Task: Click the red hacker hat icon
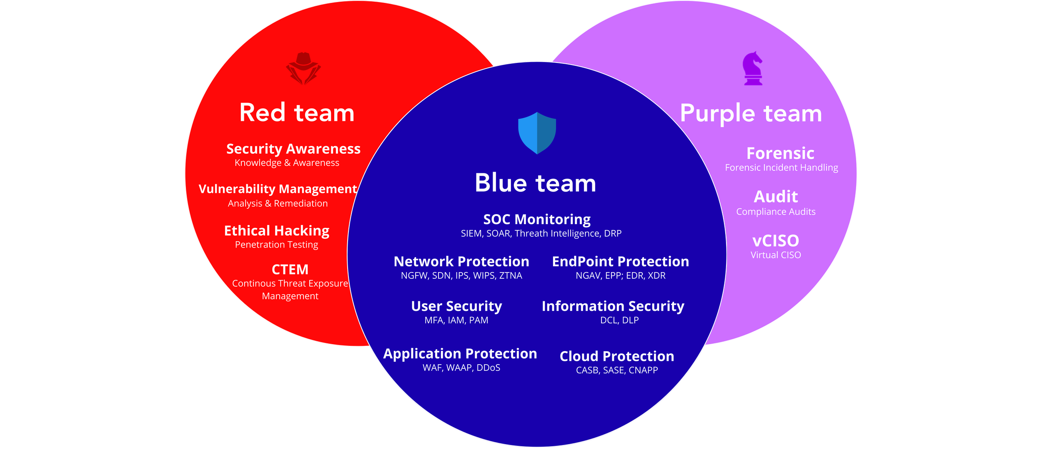[303, 68]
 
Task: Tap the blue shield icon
[537, 132]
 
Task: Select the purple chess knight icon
[753, 69]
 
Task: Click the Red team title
[297, 112]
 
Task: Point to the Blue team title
[535, 183]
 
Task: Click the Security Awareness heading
[293, 149]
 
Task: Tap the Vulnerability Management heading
[278, 189]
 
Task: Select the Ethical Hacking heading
[276, 230]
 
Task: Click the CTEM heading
[290, 270]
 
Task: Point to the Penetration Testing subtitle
[276, 245]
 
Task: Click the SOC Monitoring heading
[537, 219]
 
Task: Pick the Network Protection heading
[461, 261]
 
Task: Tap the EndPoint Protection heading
[620, 261]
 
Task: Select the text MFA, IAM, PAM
[456, 320]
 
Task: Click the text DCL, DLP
[619, 320]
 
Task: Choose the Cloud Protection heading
[617, 356]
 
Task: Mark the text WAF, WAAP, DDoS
[461, 367]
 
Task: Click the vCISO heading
[776, 240]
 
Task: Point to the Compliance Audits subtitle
[776, 212]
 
